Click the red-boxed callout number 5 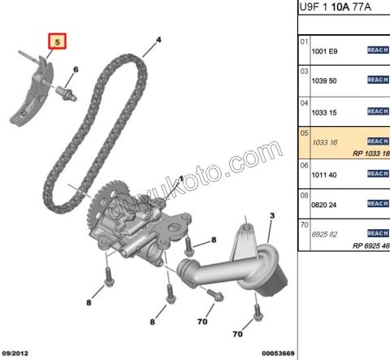[57, 42]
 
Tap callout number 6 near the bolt [76, 70]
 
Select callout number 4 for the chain [158, 40]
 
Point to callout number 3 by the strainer [272, 215]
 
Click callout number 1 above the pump [181, 178]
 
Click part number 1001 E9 [324, 51]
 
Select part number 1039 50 [324, 80]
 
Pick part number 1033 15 [324, 112]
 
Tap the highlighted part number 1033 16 [325, 142]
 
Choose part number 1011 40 [324, 175]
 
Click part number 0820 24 [324, 205]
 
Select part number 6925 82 [324, 234]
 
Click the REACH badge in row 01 [378, 50]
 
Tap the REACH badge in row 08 [378, 203]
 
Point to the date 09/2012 [15, 353]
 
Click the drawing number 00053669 [278, 353]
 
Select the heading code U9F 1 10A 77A [335, 7]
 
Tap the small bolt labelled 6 [67, 93]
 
